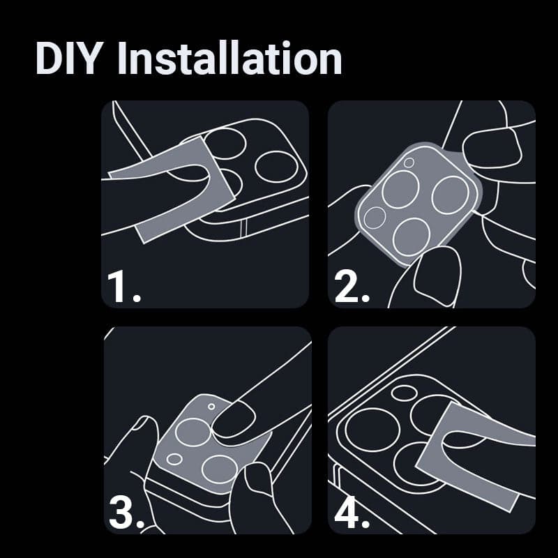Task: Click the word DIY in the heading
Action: point(67,58)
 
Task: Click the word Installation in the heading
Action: point(229,58)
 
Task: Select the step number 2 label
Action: point(352,287)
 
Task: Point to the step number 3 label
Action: point(126,513)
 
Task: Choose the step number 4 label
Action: point(352,513)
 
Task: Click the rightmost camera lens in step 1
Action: point(276,167)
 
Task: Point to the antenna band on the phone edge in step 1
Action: point(243,228)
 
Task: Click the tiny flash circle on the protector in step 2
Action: point(409,163)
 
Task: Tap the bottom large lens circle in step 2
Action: point(412,236)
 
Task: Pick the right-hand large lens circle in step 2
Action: point(451,195)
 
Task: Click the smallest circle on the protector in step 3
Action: point(211,407)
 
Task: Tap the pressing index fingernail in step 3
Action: point(233,419)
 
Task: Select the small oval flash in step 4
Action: point(404,392)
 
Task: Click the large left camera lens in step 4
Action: point(372,430)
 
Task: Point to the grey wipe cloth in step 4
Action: point(474,455)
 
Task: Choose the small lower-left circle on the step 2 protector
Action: point(375,218)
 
